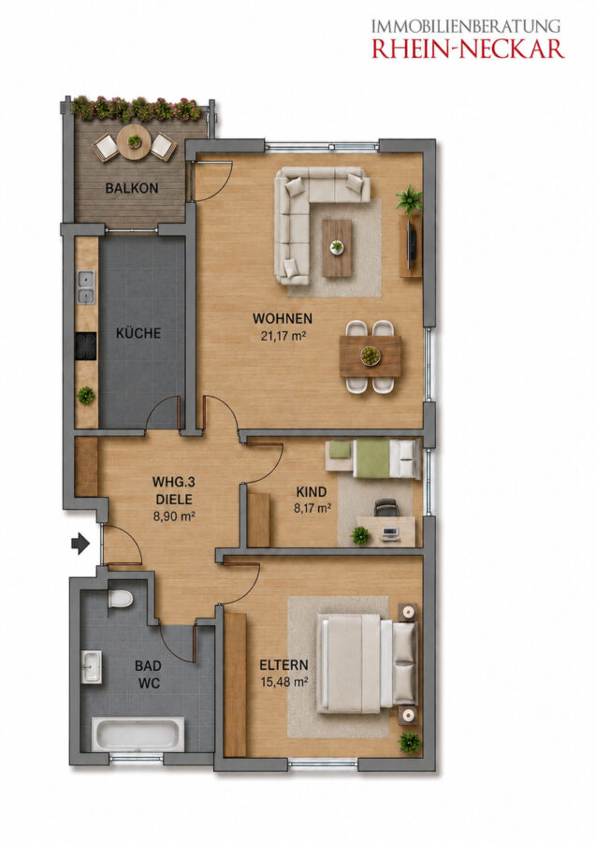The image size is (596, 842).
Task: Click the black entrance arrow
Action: point(80,544)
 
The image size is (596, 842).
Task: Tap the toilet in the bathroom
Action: point(120,598)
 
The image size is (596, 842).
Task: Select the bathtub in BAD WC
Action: point(138,734)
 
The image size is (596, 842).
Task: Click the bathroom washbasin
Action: point(92,667)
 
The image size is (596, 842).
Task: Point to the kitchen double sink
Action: point(86,287)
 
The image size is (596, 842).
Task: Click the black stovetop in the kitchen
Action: point(86,346)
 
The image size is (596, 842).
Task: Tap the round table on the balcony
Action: point(134,142)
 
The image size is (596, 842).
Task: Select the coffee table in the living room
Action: point(337,248)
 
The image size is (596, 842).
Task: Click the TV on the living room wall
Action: point(412,245)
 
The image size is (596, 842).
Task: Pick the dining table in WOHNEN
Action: point(371,356)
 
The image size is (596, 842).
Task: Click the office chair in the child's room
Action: point(386,507)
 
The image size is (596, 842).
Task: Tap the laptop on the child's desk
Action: point(390,533)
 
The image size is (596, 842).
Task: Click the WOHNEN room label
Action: point(283,318)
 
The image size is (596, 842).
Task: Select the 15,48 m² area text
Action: point(283,682)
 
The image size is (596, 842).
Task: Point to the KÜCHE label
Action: point(138,333)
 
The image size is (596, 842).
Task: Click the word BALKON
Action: point(132,188)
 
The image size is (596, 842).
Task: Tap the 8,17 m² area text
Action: point(312,508)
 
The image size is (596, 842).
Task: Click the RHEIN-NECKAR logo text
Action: point(468,49)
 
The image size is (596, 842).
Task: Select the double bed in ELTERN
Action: point(368,664)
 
